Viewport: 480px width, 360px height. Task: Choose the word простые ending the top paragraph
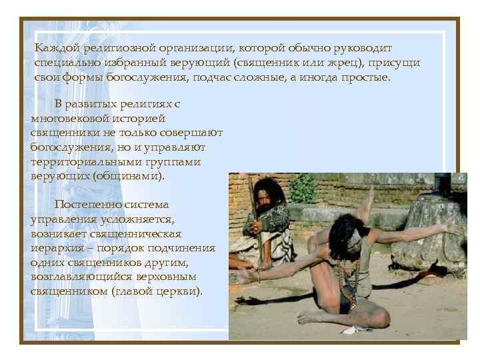click(x=365, y=77)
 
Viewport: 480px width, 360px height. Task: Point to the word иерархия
click(x=57, y=249)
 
